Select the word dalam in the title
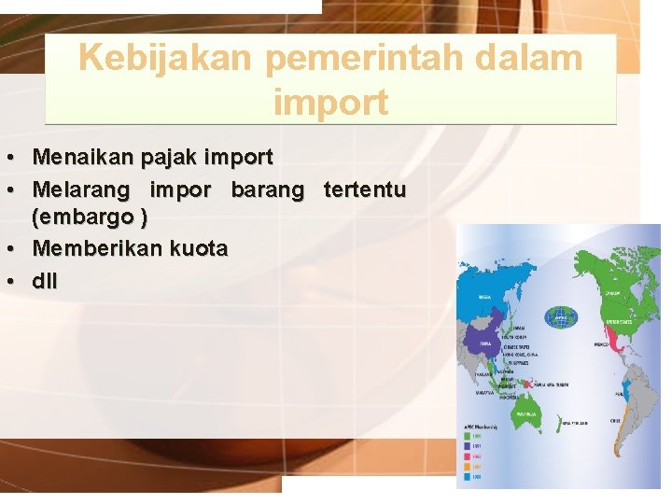533,58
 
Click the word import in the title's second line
330,102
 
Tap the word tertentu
364,189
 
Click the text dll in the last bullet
44,279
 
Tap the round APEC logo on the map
561,315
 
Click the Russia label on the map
485,297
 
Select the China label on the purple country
486,343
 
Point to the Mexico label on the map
602,343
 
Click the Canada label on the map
612,292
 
